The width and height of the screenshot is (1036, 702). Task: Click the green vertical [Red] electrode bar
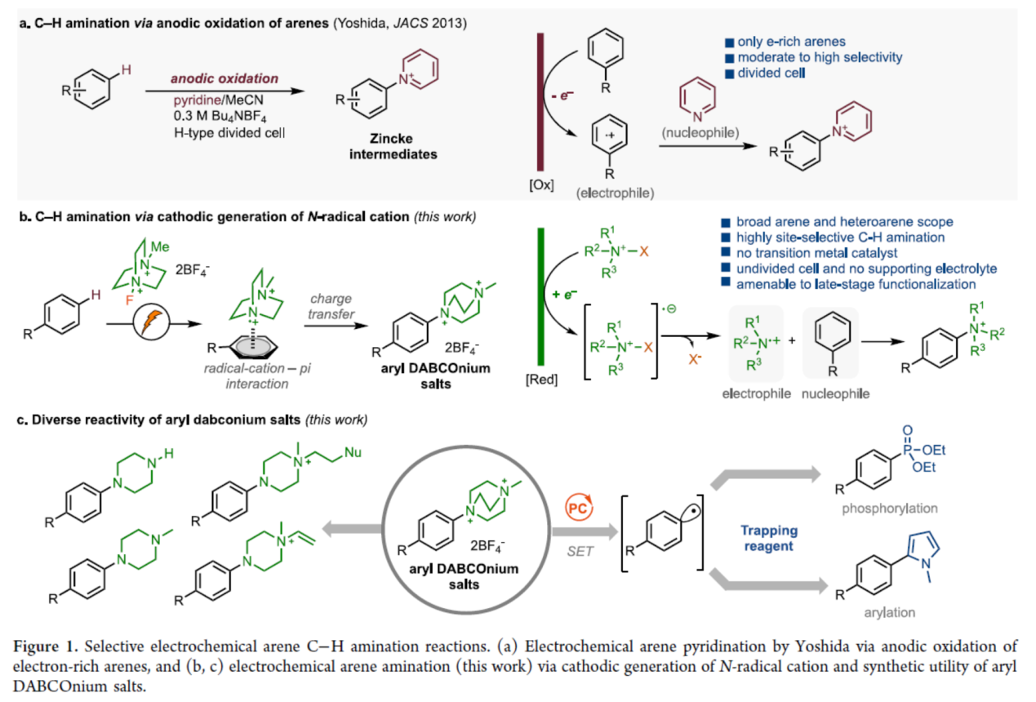tap(540, 301)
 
